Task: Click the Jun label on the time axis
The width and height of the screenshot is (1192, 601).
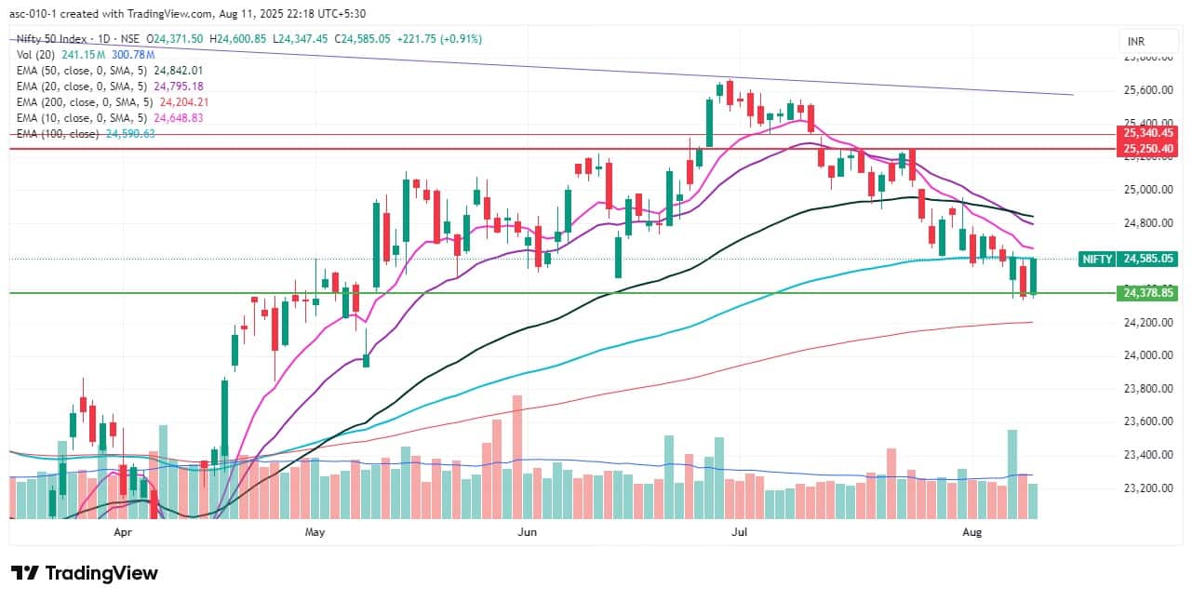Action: (x=528, y=532)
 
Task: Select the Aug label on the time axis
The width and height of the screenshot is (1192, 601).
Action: (x=972, y=532)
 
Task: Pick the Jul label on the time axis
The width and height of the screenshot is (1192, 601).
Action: (x=741, y=532)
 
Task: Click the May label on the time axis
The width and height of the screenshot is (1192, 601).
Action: (x=315, y=532)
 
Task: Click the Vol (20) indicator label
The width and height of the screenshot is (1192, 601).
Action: (x=35, y=55)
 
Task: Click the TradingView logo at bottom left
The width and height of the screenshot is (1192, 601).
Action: (x=85, y=573)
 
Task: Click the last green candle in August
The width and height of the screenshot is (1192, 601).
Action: (x=1033, y=276)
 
